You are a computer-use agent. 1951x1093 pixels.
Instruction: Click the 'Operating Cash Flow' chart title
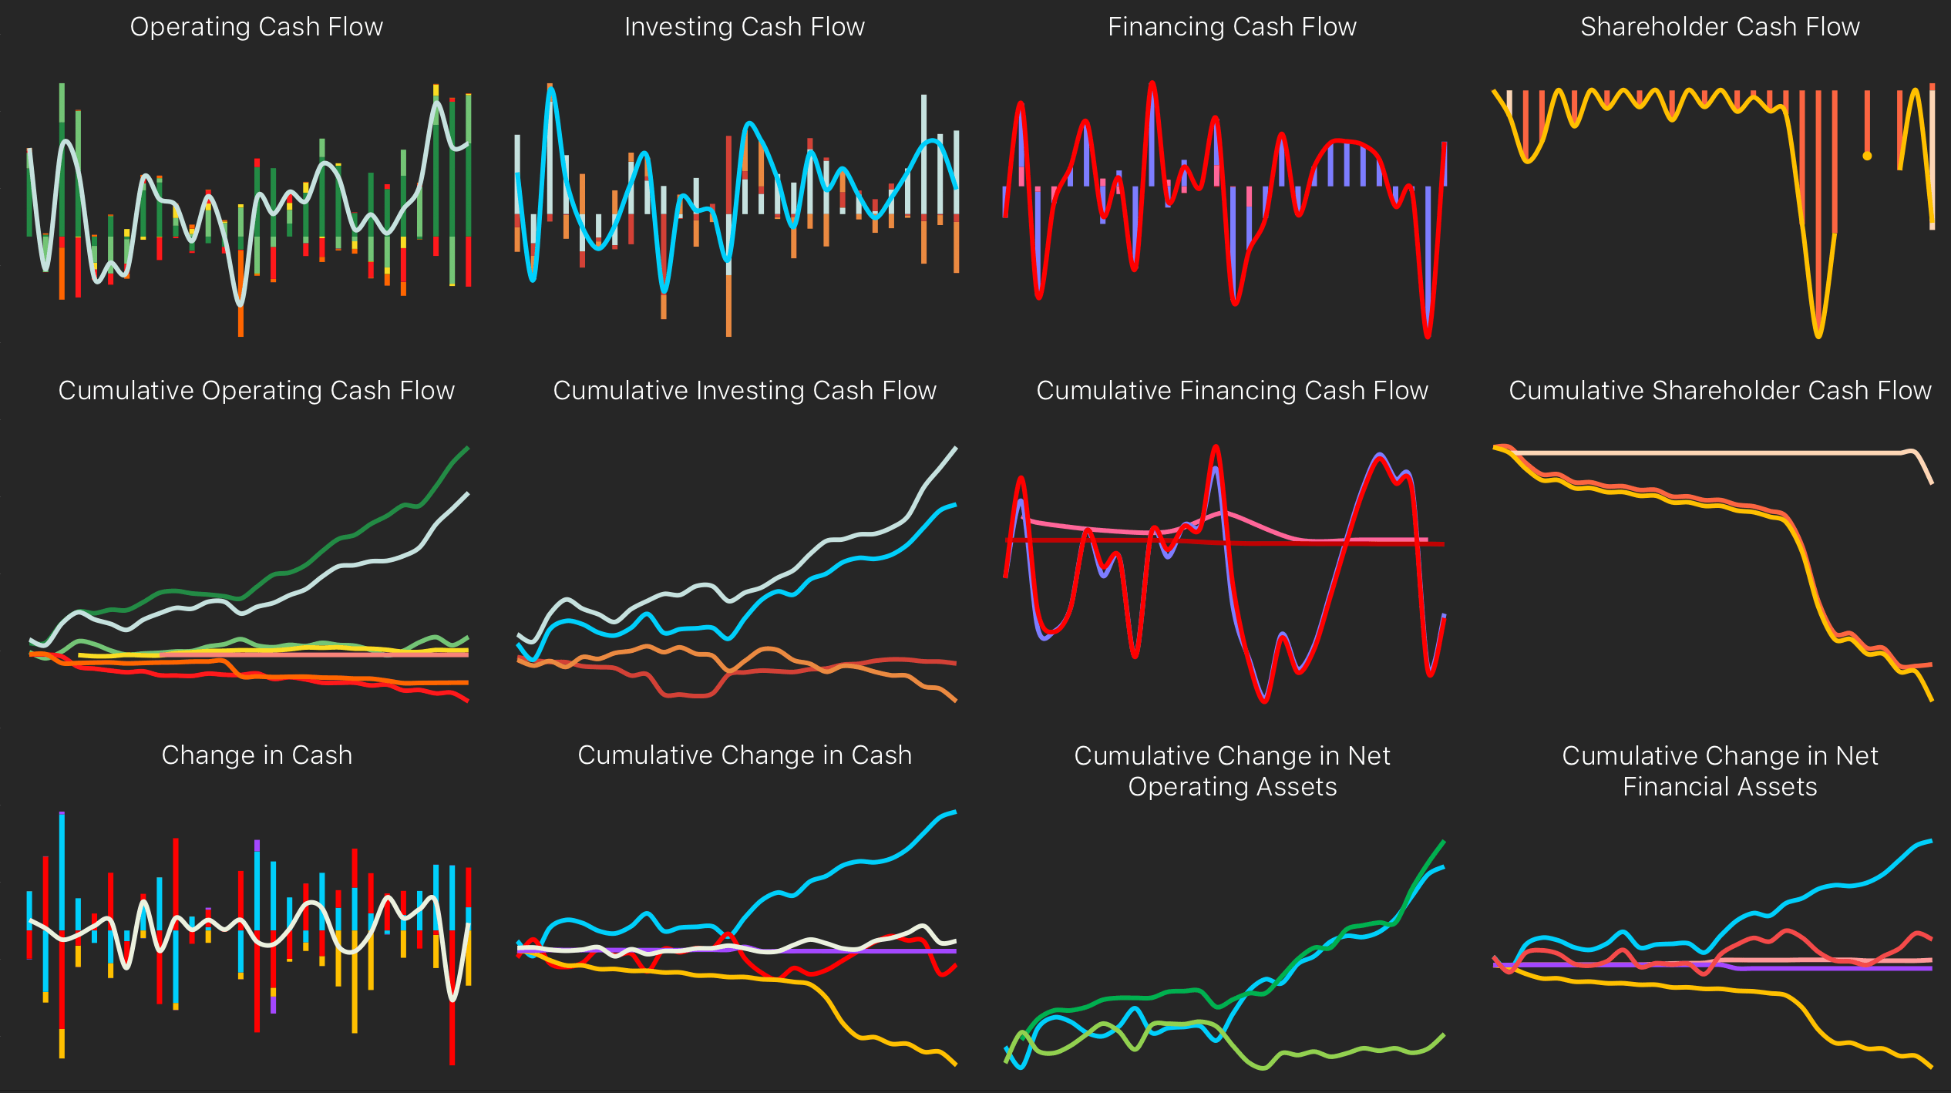(x=256, y=27)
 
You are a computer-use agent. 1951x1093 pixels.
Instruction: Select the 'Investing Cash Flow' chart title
(x=744, y=27)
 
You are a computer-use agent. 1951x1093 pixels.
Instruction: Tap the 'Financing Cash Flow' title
(x=1232, y=27)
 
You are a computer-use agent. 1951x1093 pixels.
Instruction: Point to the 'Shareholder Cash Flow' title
(x=1720, y=27)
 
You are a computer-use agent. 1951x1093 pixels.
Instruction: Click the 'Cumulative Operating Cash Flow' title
(x=256, y=391)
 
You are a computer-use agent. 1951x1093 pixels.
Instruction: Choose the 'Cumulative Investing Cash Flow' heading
(x=744, y=391)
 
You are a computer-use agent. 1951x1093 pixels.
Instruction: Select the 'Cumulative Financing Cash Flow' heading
(x=1232, y=391)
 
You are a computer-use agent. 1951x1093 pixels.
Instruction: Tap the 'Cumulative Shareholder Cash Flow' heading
(x=1720, y=391)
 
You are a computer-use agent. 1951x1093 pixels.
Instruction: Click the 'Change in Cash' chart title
(x=256, y=755)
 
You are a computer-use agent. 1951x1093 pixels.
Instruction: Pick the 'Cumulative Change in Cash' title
(x=744, y=755)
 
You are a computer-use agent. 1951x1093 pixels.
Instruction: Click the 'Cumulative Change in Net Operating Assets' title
(x=1232, y=771)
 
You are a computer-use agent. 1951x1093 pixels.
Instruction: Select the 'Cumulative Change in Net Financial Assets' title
(x=1720, y=771)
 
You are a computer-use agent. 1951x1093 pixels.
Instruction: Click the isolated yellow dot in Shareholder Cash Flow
(x=1867, y=156)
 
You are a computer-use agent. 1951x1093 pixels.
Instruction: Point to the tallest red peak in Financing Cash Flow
(x=1152, y=83)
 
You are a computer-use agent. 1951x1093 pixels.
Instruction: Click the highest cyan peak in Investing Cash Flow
(x=551, y=89)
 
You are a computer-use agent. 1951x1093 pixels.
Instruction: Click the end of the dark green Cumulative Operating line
(x=467, y=448)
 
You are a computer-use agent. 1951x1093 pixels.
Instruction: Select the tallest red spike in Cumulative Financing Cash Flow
(x=1216, y=447)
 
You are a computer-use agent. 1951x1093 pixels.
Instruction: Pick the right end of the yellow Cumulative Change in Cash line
(x=955, y=1064)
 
